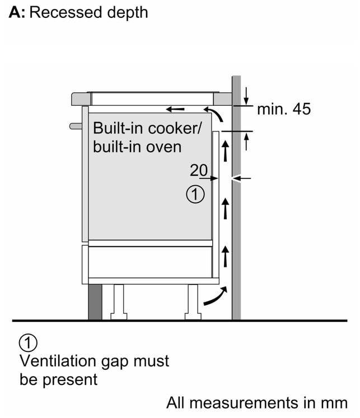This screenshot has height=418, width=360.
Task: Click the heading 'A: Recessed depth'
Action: (78, 13)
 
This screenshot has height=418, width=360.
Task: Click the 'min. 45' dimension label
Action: (284, 109)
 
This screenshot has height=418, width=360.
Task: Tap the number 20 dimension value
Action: (198, 170)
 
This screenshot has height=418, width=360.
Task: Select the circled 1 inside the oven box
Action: (195, 194)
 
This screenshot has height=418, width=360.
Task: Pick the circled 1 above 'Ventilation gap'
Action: (28, 342)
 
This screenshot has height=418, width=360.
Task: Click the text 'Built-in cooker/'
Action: (147, 128)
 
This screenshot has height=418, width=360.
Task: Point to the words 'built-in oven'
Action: (137, 147)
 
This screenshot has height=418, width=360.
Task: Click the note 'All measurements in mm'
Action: (257, 402)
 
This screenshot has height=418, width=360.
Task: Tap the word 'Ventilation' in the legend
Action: (58, 361)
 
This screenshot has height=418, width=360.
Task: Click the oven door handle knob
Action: (76, 126)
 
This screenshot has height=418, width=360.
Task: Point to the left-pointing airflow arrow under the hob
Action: (175, 109)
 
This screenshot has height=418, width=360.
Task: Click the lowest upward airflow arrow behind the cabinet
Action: (226, 256)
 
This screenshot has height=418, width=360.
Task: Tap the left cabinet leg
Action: (119, 302)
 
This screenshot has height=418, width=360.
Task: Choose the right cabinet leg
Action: (193, 302)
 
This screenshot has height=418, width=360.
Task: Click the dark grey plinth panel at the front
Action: (95, 302)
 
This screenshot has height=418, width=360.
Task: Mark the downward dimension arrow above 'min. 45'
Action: (246, 96)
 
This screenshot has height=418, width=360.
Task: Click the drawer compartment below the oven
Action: (150, 262)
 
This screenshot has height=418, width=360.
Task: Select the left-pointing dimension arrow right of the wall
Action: (242, 179)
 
